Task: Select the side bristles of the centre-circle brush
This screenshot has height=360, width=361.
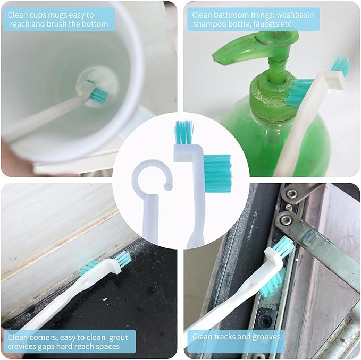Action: coord(217,174)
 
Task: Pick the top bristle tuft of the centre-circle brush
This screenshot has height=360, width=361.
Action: coord(183,133)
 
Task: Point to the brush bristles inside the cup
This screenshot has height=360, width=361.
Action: coord(98,95)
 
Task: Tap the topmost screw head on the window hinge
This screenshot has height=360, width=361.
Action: coord(291,194)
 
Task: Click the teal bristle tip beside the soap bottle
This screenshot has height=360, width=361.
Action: coord(340,66)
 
